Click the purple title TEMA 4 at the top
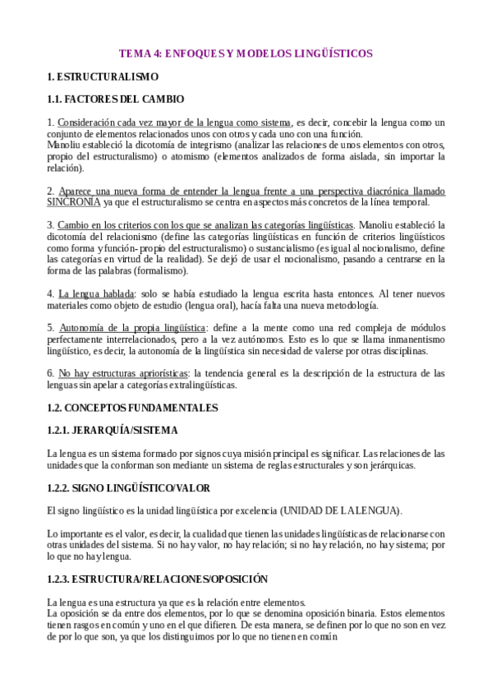click(x=246, y=53)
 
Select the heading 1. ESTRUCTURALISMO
click(x=103, y=76)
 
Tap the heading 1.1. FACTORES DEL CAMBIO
click(x=115, y=99)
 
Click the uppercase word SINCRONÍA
click(x=74, y=202)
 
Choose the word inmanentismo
click(x=414, y=339)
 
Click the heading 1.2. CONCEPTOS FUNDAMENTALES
click(x=132, y=407)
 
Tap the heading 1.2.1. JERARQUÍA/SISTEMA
click(x=113, y=429)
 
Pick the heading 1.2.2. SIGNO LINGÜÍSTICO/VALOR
click(x=129, y=487)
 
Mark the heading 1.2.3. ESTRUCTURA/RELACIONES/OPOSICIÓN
click(x=158, y=579)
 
